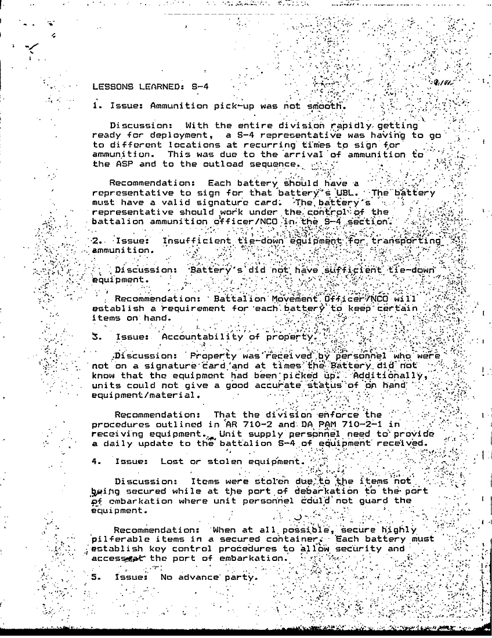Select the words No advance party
[208, 578]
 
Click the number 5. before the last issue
[97, 578]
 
